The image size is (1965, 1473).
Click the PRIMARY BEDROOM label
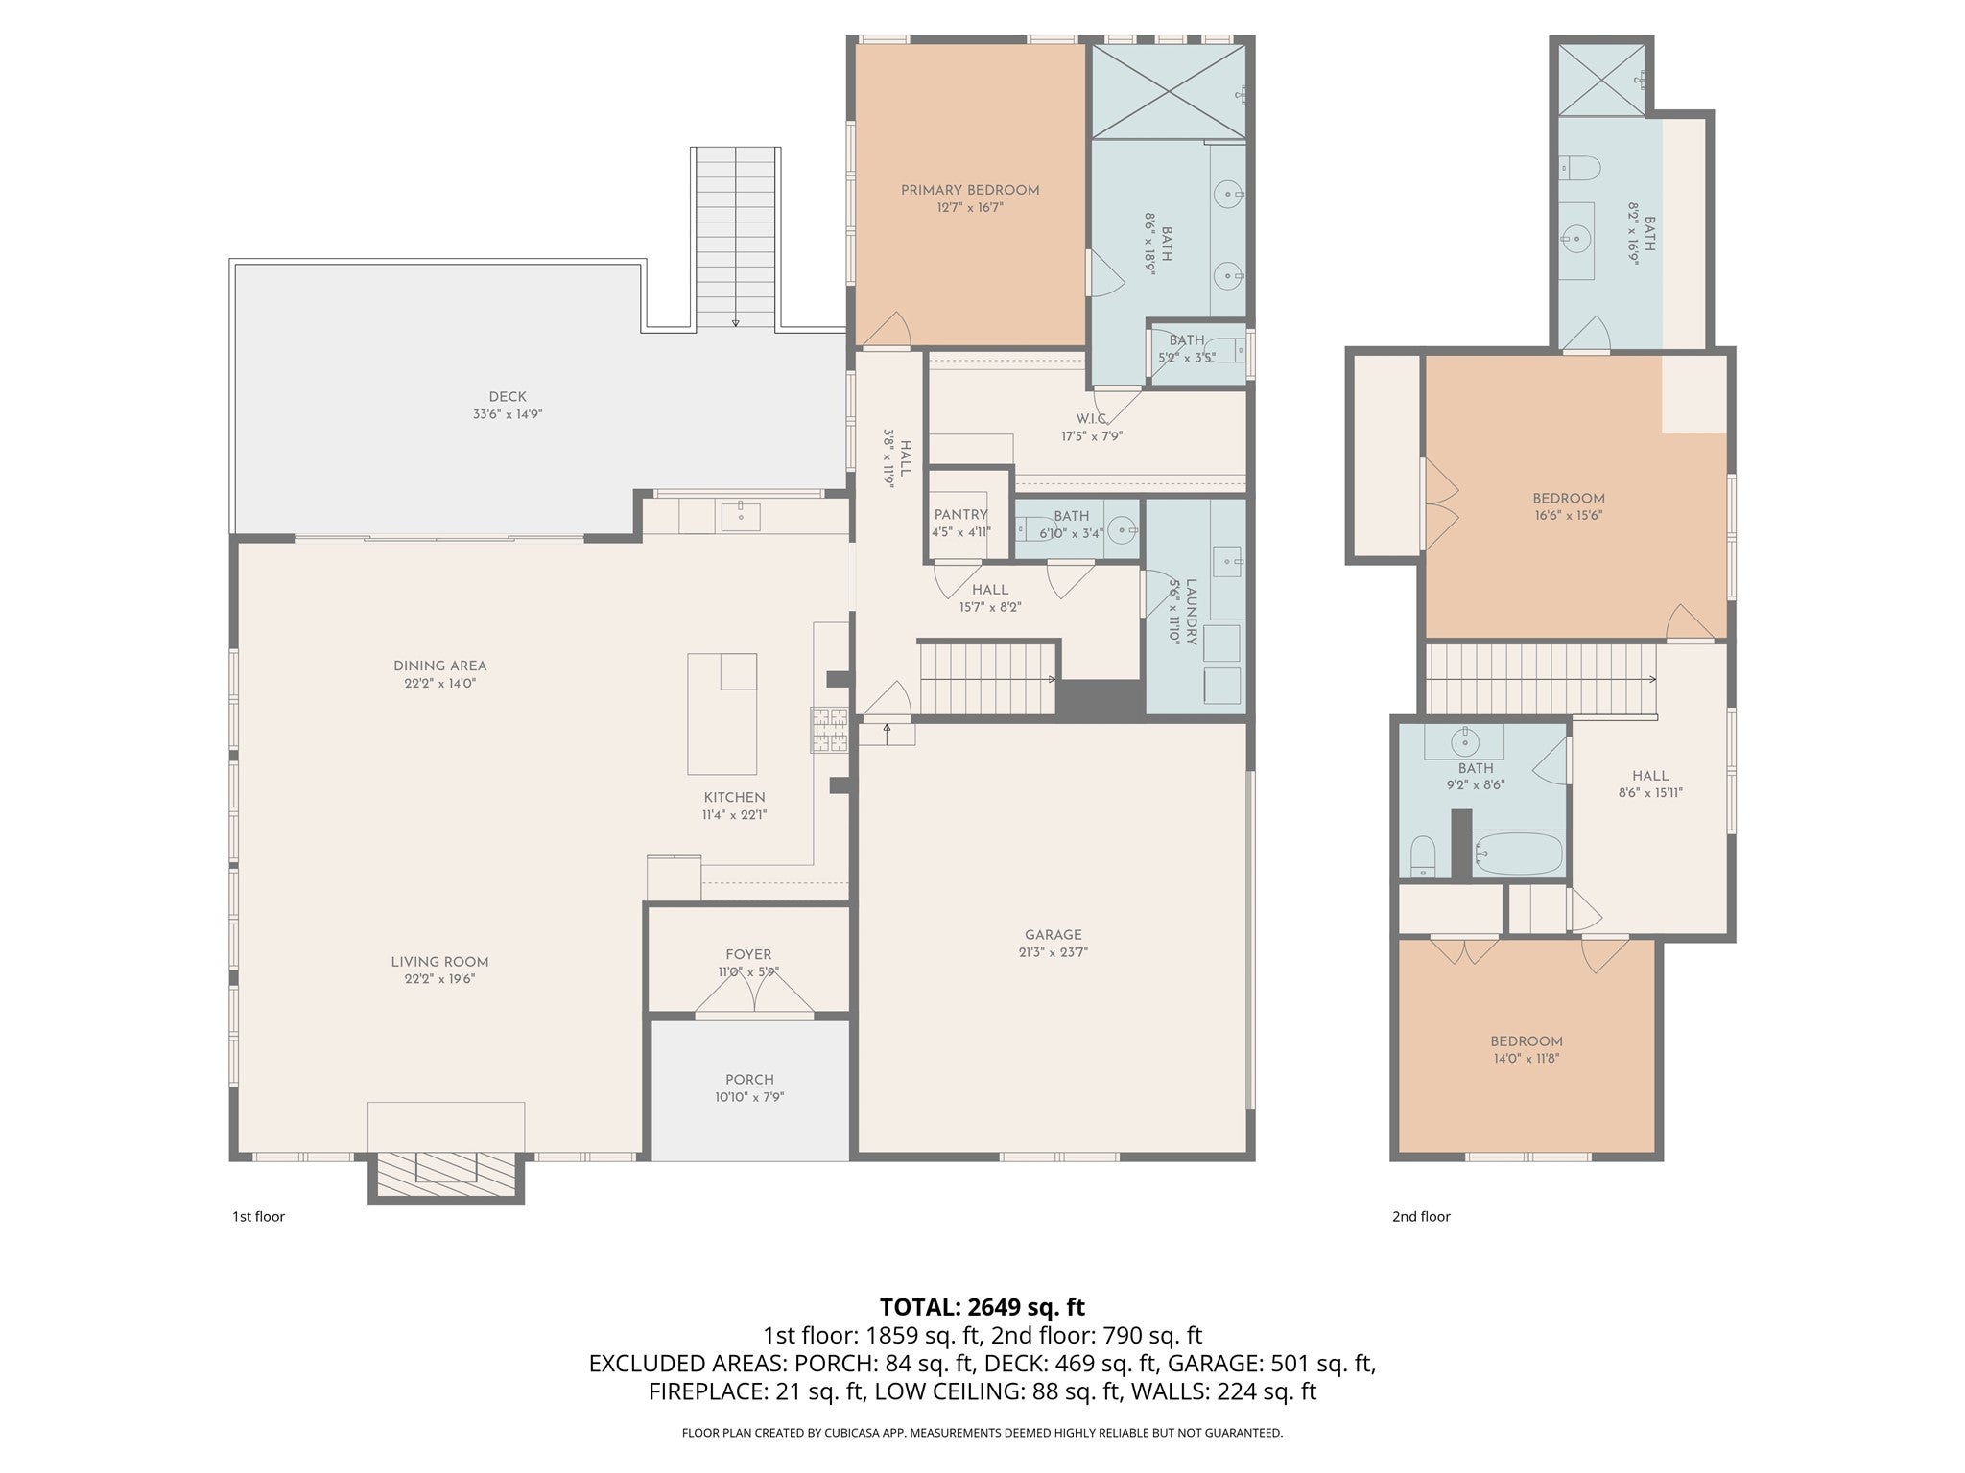pyautogui.click(x=970, y=190)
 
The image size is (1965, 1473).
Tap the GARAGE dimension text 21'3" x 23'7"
pyautogui.click(x=1054, y=952)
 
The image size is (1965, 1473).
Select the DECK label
pyautogui.click(x=508, y=397)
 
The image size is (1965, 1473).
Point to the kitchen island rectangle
pyautogui.click(x=722, y=713)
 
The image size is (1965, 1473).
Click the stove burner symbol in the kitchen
pyautogui.click(x=830, y=729)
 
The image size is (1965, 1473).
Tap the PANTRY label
pyautogui.click(x=960, y=515)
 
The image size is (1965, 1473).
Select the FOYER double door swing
pyautogui.click(x=754, y=997)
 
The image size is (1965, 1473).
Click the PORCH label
pyautogui.click(x=749, y=1079)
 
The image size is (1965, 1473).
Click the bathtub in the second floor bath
pyautogui.click(x=1519, y=852)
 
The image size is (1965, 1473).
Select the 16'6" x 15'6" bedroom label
pyautogui.click(x=1568, y=498)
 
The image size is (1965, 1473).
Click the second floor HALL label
pyautogui.click(x=1650, y=776)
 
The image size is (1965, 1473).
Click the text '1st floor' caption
pyautogui.click(x=258, y=1216)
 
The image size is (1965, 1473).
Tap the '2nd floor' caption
pyautogui.click(x=1421, y=1216)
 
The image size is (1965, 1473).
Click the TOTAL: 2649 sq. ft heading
pyautogui.click(x=982, y=1306)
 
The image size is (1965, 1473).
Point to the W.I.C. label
pyautogui.click(x=1092, y=418)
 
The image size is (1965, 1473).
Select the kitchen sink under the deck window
pyautogui.click(x=740, y=517)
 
